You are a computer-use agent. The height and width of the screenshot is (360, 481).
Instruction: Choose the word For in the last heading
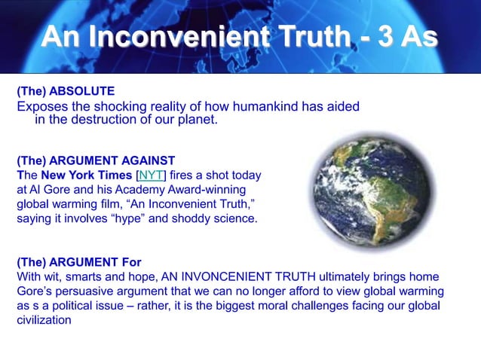[128, 262]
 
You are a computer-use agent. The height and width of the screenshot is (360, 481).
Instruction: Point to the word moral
[275, 305]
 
